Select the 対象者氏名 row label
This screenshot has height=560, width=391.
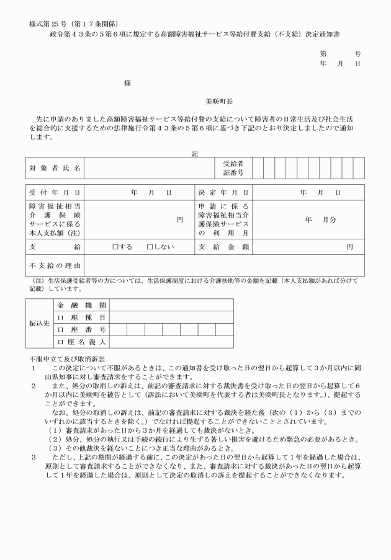(55, 168)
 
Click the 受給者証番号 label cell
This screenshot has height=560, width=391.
(233, 168)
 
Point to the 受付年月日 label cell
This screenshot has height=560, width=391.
(55, 193)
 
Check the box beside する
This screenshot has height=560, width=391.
(115, 247)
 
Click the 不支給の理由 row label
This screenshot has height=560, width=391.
(55, 265)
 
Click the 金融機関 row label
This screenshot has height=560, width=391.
(82, 305)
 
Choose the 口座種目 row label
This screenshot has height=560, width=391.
(82, 317)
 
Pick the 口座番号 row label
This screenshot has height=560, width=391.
(82, 329)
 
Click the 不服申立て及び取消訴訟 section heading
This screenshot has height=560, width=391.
(67, 359)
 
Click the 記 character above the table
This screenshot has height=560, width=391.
(195, 153)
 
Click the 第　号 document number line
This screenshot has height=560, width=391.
(340, 54)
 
